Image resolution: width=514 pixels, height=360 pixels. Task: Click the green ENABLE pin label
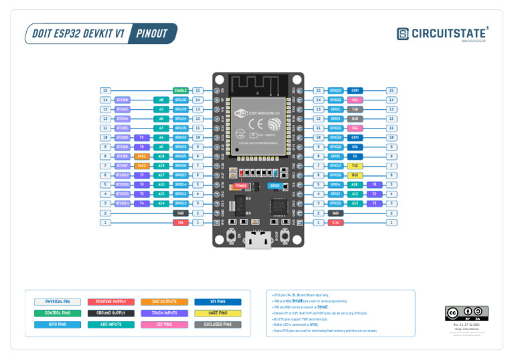tap(181, 90)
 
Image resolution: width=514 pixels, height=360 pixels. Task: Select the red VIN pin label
tap(181, 222)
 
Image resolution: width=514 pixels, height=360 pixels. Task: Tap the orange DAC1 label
tap(142, 156)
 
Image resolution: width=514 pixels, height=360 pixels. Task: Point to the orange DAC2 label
tap(142, 165)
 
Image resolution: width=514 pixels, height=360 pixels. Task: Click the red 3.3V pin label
tap(336, 222)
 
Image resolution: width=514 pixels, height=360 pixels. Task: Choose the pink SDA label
tap(355, 128)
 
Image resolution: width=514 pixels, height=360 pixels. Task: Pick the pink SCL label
tap(355, 100)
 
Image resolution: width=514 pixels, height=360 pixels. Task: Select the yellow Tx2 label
tap(355, 165)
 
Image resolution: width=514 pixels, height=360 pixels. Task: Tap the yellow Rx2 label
tap(355, 175)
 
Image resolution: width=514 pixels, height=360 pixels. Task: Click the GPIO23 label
tap(336, 90)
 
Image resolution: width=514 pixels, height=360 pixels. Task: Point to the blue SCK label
tap(355, 147)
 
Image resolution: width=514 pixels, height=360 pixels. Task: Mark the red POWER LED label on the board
tap(241, 185)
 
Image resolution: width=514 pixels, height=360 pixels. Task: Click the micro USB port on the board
tap(258, 241)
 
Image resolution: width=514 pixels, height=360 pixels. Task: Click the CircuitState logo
tap(442, 33)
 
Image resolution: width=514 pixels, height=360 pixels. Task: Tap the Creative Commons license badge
tap(466, 313)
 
